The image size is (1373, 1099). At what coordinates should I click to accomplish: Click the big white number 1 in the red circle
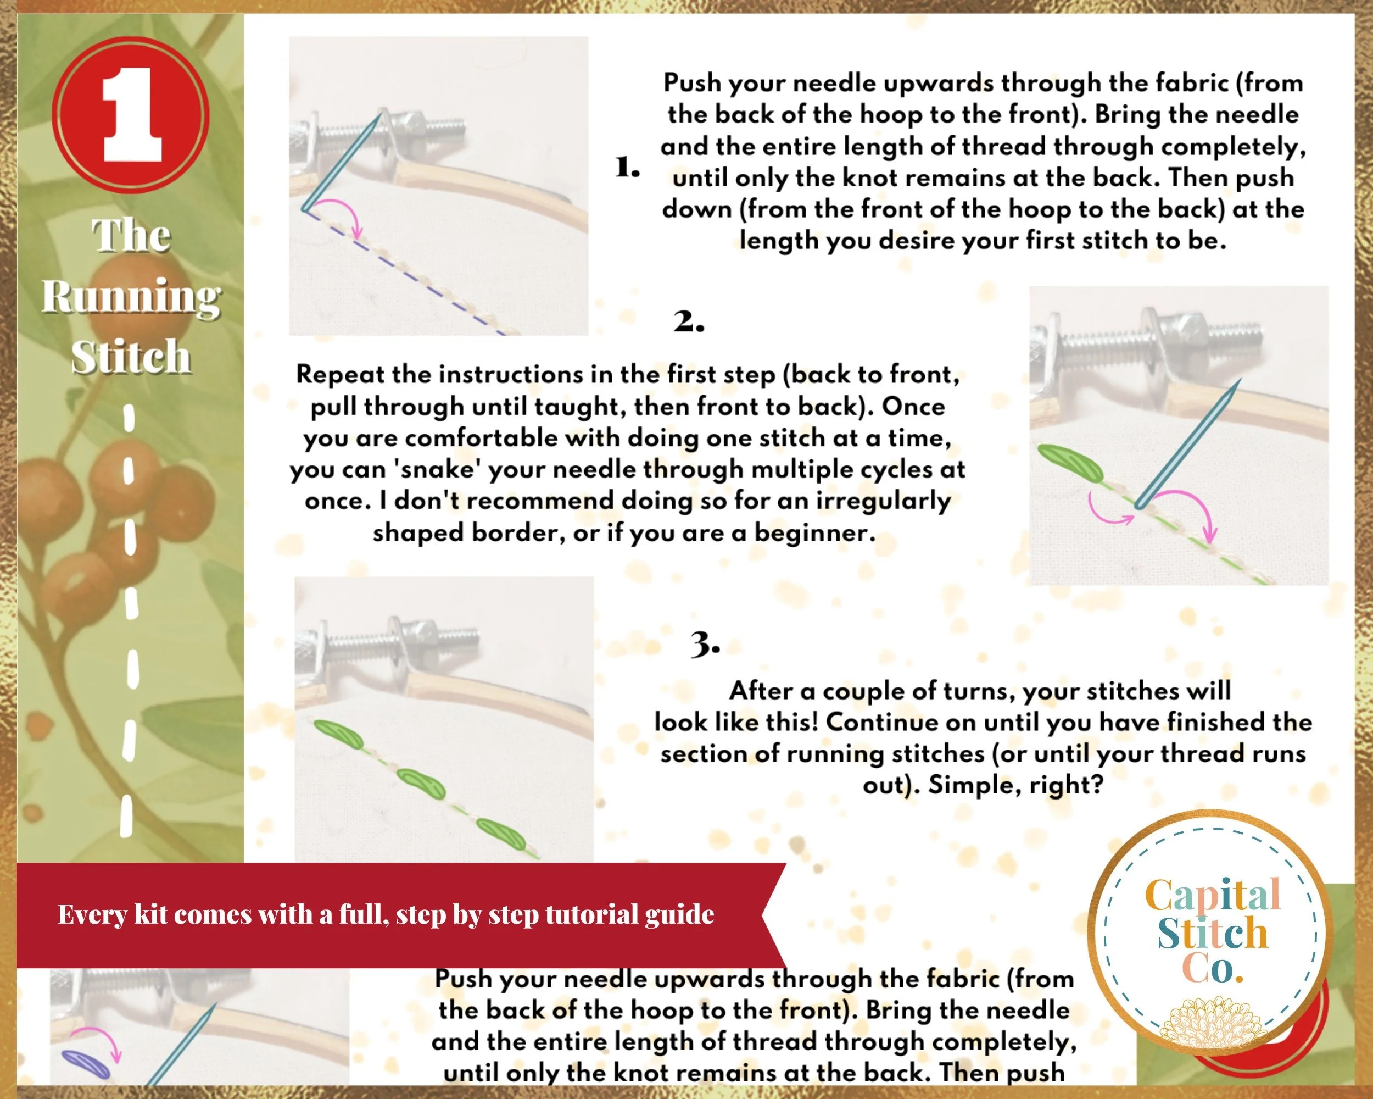[132, 115]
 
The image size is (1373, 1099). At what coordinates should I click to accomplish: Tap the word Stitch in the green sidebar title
[131, 356]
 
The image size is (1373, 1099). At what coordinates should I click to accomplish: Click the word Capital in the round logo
[1213, 895]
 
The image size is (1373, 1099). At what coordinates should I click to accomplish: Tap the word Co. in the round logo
[1213, 968]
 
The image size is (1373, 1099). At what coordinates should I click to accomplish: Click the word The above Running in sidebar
[132, 236]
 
